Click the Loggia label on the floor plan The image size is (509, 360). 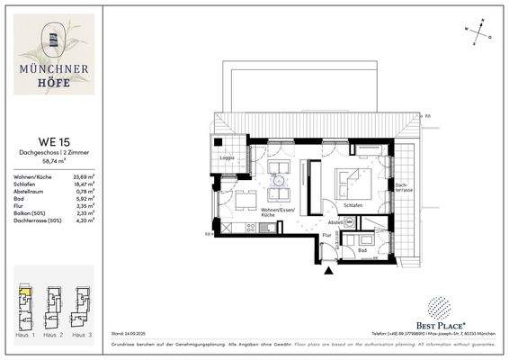228,157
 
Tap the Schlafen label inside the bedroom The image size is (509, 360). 352,206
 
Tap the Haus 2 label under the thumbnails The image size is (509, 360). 53,335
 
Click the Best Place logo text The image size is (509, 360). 452,322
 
